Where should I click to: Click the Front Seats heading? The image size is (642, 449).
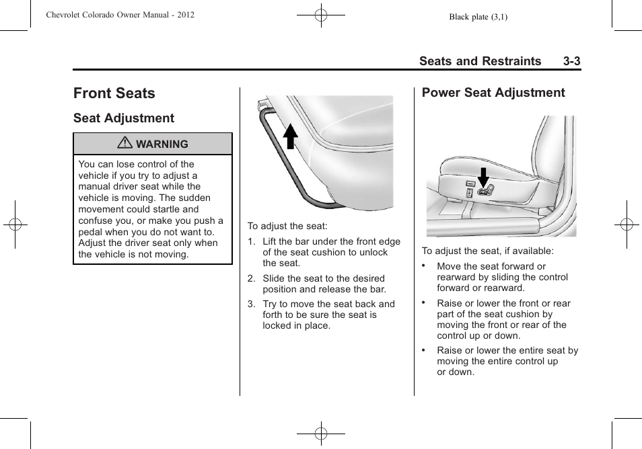(114, 93)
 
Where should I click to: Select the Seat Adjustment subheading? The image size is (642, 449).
(123, 118)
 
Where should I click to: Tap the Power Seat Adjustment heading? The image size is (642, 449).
(493, 93)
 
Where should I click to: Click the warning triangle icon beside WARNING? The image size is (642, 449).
(125, 144)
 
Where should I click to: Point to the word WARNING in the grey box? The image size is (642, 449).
(162, 145)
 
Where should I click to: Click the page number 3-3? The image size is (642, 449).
(571, 61)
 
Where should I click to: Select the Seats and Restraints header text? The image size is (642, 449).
(480, 61)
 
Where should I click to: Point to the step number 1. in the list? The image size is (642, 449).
(251, 242)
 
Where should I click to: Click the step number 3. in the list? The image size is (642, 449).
(251, 304)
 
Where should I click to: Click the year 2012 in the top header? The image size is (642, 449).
(184, 15)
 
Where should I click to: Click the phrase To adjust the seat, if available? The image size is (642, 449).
(487, 251)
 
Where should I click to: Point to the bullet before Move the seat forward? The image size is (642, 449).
(424, 266)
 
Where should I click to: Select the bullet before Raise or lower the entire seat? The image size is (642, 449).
(424, 350)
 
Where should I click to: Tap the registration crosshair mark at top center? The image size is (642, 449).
(321, 14)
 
